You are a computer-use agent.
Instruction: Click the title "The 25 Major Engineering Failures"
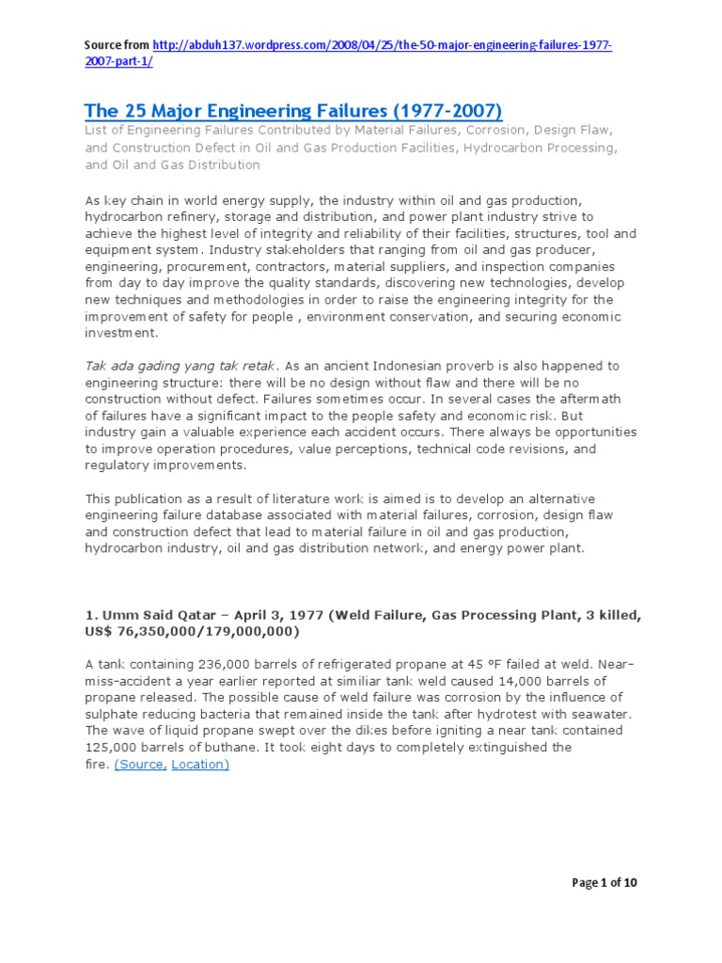(293, 111)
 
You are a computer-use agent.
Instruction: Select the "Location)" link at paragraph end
(200, 765)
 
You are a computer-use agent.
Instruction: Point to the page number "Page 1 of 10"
(604, 882)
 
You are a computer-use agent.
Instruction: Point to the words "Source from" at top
(116, 45)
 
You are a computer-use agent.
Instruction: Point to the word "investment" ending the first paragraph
(121, 333)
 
